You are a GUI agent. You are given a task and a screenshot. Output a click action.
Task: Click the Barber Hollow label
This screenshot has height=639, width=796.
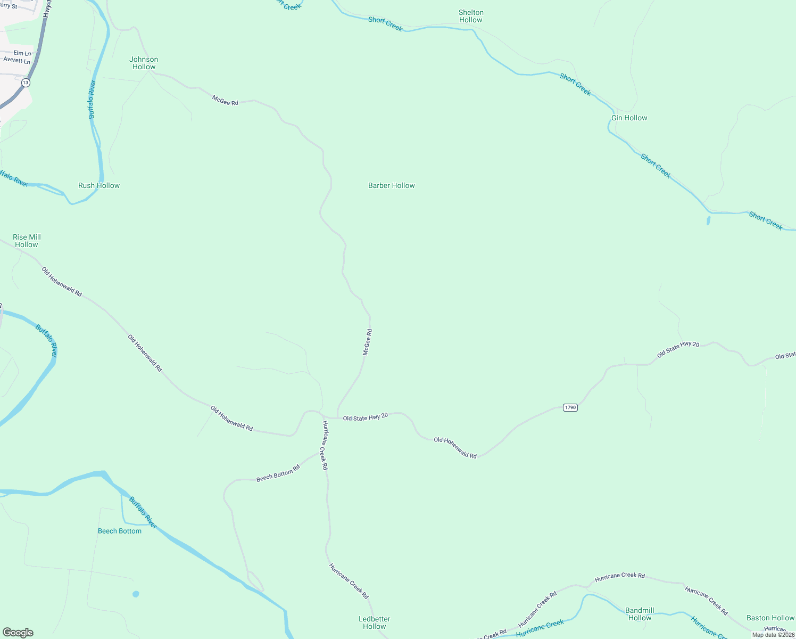click(x=391, y=185)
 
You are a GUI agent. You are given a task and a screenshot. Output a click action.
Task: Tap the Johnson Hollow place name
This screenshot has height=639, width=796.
click(x=144, y=63)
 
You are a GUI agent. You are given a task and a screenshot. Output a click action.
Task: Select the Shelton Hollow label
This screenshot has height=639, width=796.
click(x=471, y=16)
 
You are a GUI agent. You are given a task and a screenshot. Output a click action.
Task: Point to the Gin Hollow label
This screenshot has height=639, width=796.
click(x=629, y=118)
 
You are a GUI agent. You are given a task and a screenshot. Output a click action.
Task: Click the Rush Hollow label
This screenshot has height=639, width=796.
click(x=99, y=185)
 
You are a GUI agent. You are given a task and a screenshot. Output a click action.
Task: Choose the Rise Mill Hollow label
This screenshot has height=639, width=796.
click(x=27, y=241)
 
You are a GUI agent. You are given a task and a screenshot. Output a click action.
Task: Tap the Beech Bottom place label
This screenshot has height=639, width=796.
click(x=120, y=531)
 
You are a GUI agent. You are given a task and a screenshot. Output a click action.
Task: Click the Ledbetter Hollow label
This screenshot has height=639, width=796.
click(x=375, y=622)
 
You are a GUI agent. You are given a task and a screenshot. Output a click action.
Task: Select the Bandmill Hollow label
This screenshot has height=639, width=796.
click(x=640, y=614)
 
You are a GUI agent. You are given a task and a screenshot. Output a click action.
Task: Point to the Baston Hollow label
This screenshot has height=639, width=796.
click(x=770, y=618)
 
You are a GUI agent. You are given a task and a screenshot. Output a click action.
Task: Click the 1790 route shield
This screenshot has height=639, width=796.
click(x=570, y=407)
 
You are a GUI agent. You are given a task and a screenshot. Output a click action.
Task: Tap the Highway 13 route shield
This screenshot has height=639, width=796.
click(x=26, y=83)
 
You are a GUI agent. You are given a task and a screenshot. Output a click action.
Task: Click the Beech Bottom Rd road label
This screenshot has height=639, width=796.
click(x=278, y=473)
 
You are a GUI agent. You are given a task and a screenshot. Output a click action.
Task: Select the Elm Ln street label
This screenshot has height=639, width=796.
click(x=22, y=53)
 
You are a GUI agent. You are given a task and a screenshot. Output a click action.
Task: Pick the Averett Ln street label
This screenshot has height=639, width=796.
click(x=17, y=60)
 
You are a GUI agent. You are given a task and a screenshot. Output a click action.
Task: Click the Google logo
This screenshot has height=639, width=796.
click(x=18, y=633)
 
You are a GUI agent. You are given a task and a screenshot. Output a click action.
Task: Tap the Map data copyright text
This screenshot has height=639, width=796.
click(x=773, y=635)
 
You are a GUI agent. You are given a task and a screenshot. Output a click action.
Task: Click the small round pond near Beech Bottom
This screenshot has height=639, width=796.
click(x=136, y=594)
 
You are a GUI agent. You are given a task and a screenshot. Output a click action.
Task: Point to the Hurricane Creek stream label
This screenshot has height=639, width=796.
click(x=540, y=628)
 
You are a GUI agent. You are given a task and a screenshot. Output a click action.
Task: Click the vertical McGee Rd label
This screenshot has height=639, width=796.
click(x=367, y=342)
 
